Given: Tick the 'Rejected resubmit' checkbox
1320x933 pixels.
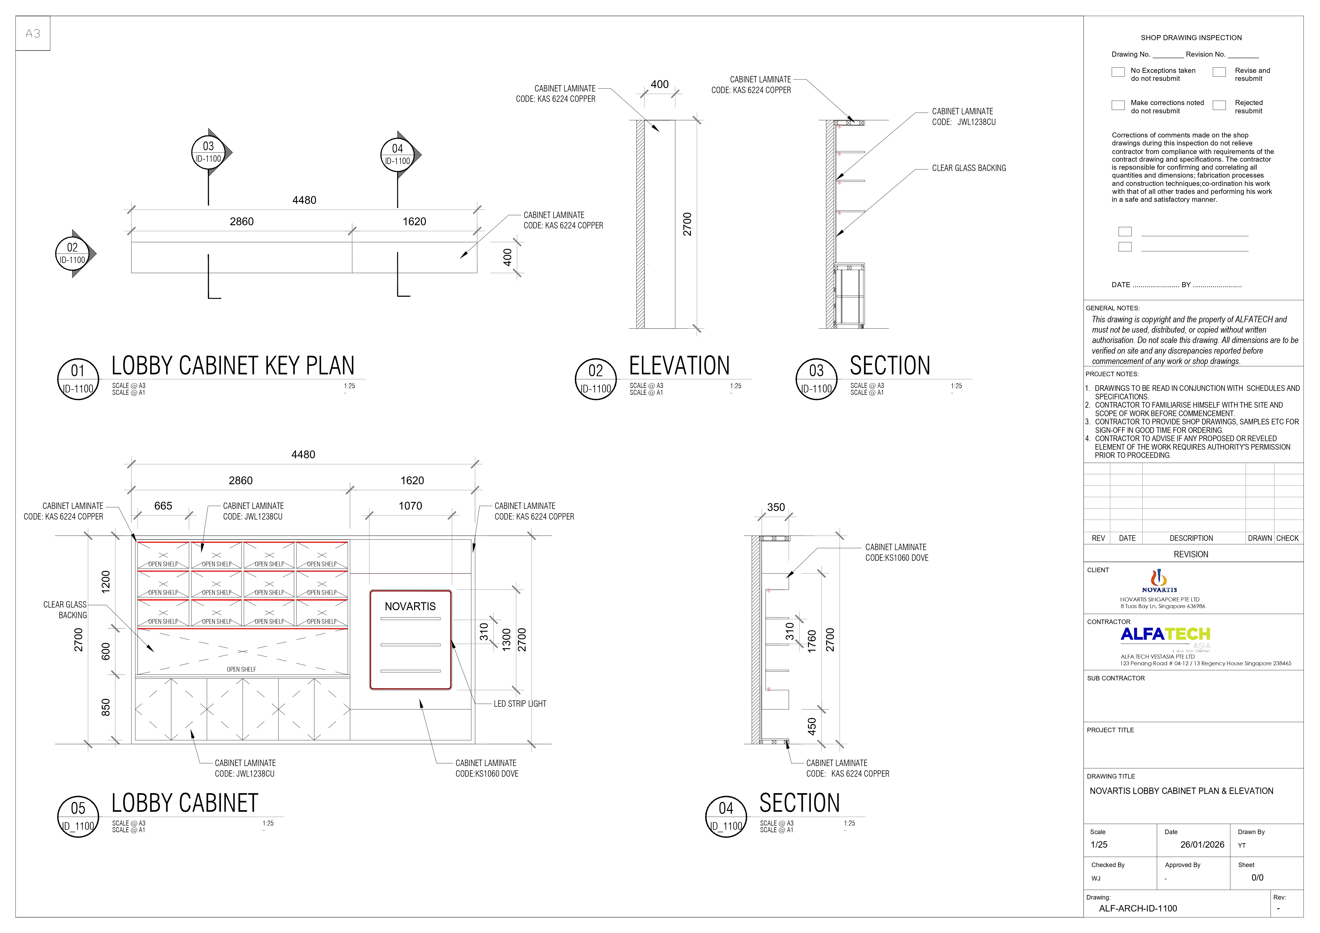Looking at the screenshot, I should (x=1219, y=105).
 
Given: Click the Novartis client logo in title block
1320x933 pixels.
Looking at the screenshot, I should (x=1159, y=581).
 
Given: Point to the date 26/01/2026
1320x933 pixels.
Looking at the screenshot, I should (x=1202, y=844).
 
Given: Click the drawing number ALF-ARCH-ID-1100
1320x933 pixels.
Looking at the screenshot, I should (x=1138, y=908).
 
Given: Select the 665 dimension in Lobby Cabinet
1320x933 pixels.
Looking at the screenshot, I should (x=163, y=506).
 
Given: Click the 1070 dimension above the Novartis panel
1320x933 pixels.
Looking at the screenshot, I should (x=410, y=506).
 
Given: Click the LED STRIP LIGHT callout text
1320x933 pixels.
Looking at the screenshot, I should (x=520, y=704).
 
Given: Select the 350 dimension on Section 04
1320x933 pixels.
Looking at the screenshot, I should (x=776, y=507).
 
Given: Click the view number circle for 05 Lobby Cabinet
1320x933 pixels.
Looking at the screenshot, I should (x=78, y=817).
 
